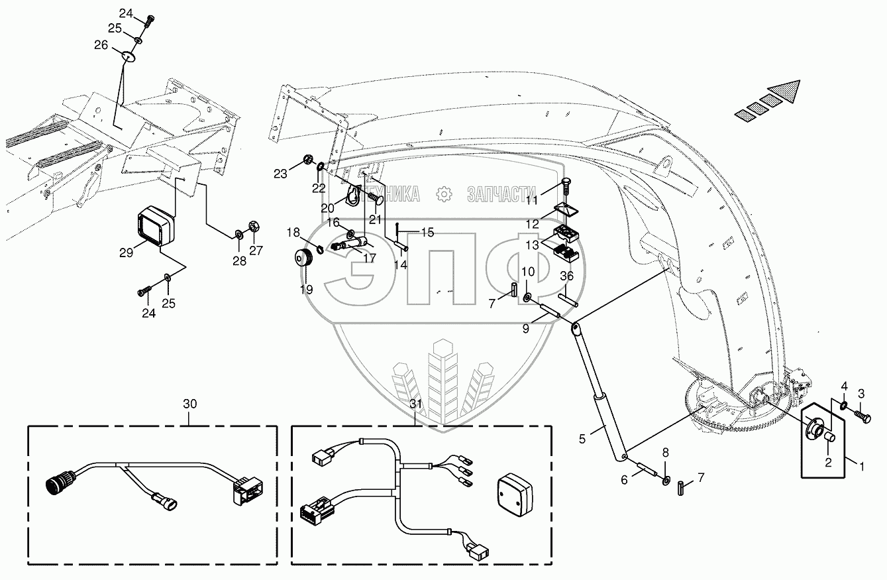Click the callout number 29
tap(126, 252)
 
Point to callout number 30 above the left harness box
tap(190, 403)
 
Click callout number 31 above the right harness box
tap(415, 403)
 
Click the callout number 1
tap(862, 467)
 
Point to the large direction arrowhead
tap(785, 91)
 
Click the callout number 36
tap(566, 276)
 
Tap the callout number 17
tap(370, 258)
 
